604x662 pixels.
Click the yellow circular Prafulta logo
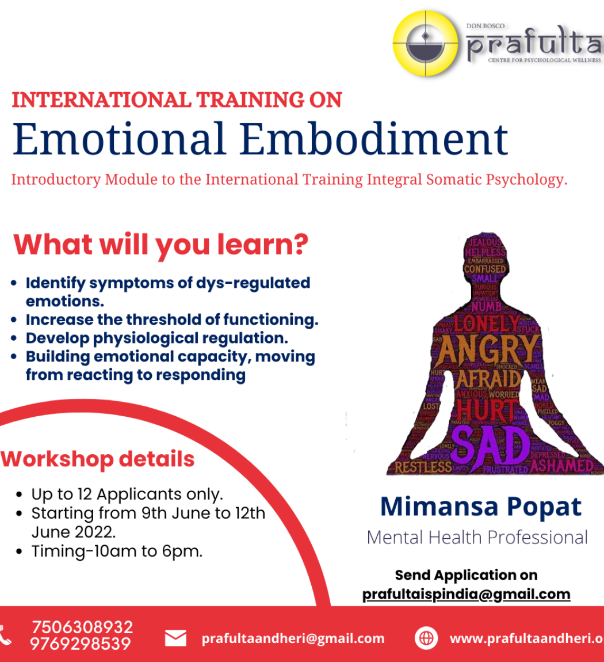pyautogui.click(x=426, y=44)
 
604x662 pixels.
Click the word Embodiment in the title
pyautogui.click(x=374, y=139)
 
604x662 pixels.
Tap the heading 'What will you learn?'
pyautogui.click(x=160, y=245)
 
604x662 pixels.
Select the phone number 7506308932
pyautogui.click(x=82, y=627)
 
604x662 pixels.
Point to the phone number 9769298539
pyautogui.click(x=81, y=644)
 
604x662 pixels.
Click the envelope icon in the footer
pyautogui.click(x=175, y=638)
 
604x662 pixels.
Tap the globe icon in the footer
pyautogui.click(x=426, y=638)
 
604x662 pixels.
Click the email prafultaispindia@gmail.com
pyautogui.click(x=466, y=594)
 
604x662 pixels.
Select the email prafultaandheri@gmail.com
pyautogui.click(x=293, y=638)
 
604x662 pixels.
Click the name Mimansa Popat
pyautogui.click(x=481, y=507)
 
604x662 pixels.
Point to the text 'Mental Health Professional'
pyautogui.click(x=477, y=538)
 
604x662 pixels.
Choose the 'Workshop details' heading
pyautogui.click(x=98, y=459)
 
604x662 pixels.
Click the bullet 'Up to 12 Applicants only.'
pyautogui.click(x=127, y=494)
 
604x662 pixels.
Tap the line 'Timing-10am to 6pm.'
pyautogui.click(x=117, y=551)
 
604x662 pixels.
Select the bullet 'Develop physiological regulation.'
pyautogui.click(x=156, y=338)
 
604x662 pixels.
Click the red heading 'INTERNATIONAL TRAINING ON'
pyautogui.click(x=177, y=100)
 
